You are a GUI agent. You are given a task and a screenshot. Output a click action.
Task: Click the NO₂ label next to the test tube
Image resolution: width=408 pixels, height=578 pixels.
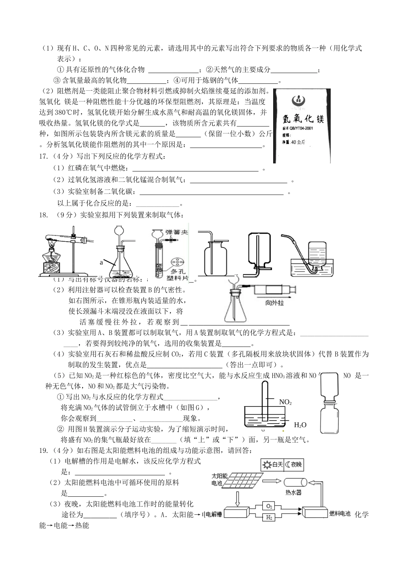[x=285, y=402]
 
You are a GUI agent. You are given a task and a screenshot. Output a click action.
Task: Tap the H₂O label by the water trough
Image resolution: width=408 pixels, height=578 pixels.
[x=300, y=425]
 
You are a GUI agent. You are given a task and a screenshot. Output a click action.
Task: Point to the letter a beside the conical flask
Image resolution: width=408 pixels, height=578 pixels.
[x=101, y=261]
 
